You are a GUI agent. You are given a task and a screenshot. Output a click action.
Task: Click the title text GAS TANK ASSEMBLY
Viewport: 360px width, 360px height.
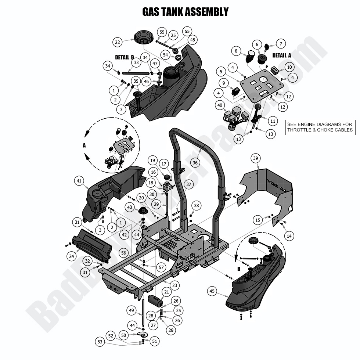(185, 12)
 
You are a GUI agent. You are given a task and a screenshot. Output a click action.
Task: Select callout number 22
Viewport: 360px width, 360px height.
(118, 42)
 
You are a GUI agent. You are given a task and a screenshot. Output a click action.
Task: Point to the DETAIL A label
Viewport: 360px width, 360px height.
(282, 55)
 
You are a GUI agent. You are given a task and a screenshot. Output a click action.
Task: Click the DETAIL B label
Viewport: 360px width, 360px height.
(124, 57)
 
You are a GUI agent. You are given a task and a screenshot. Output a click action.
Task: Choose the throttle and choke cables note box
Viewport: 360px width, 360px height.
(320, 127)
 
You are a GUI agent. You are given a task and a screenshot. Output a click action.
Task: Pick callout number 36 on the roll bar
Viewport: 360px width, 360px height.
(195, 162)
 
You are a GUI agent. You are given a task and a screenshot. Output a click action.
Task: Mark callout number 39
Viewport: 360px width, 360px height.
(256, 158)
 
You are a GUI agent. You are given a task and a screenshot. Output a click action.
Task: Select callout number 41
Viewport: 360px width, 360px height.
(79, 180)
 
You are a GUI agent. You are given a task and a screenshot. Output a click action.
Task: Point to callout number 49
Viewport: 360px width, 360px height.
(132, 310)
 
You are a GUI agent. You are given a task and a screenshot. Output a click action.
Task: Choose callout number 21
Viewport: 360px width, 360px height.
(167, 292)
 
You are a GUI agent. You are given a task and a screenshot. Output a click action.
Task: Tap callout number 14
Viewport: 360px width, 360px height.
(289, 236)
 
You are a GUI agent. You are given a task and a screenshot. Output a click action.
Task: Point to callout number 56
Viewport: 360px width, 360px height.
(123, 253)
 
